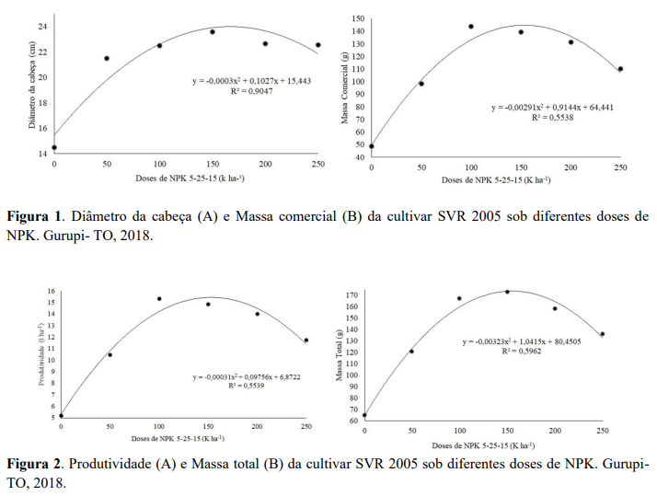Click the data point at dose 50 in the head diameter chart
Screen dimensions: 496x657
107,58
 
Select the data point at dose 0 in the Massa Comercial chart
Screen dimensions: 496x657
372,145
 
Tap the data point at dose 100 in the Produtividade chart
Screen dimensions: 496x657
159,299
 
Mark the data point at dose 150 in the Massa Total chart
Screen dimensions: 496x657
507,292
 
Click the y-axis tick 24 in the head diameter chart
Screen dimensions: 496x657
42,26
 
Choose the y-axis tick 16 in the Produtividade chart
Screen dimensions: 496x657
52,292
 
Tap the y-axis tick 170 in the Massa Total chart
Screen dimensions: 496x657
353,295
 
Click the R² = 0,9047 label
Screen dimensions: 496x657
234,93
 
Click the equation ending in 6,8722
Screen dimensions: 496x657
248,377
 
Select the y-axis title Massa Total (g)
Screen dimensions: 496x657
340,355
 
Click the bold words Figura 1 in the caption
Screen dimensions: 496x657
34,217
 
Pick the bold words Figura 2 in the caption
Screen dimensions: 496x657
34,463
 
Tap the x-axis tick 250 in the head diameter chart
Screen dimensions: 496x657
317,164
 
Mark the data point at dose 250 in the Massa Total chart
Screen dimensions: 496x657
602,334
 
